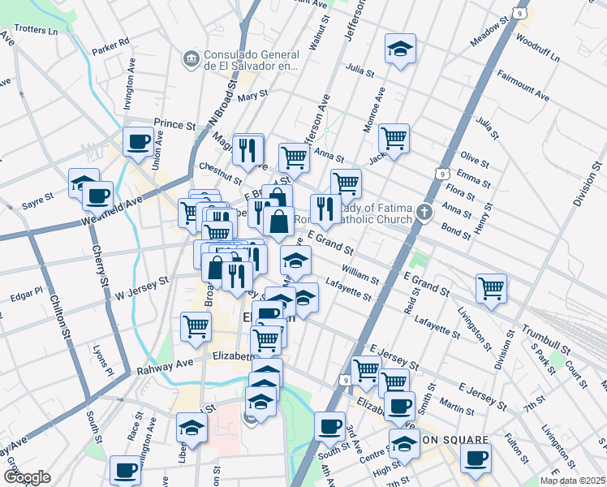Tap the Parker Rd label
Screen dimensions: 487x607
pyautogui.click(x=110, y=41)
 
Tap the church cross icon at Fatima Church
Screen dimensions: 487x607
pyautogui.click(x=424, y=213)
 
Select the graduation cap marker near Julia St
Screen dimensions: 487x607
pyautogui.click(x=400, y=50)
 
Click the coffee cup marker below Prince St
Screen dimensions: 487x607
pyautogui.click(x=137, y=142)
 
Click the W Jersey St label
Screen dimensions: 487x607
pyautogui.click(x=142, y=287)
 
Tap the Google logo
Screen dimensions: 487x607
pyautogui.click(x=27, y=476)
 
